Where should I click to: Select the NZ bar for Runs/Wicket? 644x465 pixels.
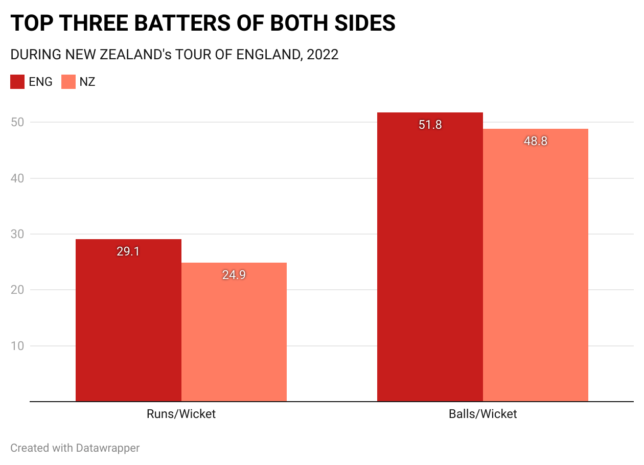click(234, 332)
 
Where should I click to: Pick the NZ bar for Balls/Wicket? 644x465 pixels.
click(536, 265)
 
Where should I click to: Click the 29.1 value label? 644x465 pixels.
click(128, 251)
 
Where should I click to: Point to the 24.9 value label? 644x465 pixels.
click(234, 275)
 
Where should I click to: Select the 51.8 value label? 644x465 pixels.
click(430, 125)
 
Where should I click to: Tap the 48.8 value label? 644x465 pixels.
click(536, 142)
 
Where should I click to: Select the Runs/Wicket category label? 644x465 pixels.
click(181, 414)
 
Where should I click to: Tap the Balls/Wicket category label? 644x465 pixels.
click(482, 414)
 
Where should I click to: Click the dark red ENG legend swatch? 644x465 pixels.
click(17, 82)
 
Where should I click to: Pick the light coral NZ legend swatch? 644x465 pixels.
click(68, 82)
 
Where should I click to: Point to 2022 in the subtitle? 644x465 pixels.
click(323, 55)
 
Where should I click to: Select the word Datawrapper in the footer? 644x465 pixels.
click(108, 448)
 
